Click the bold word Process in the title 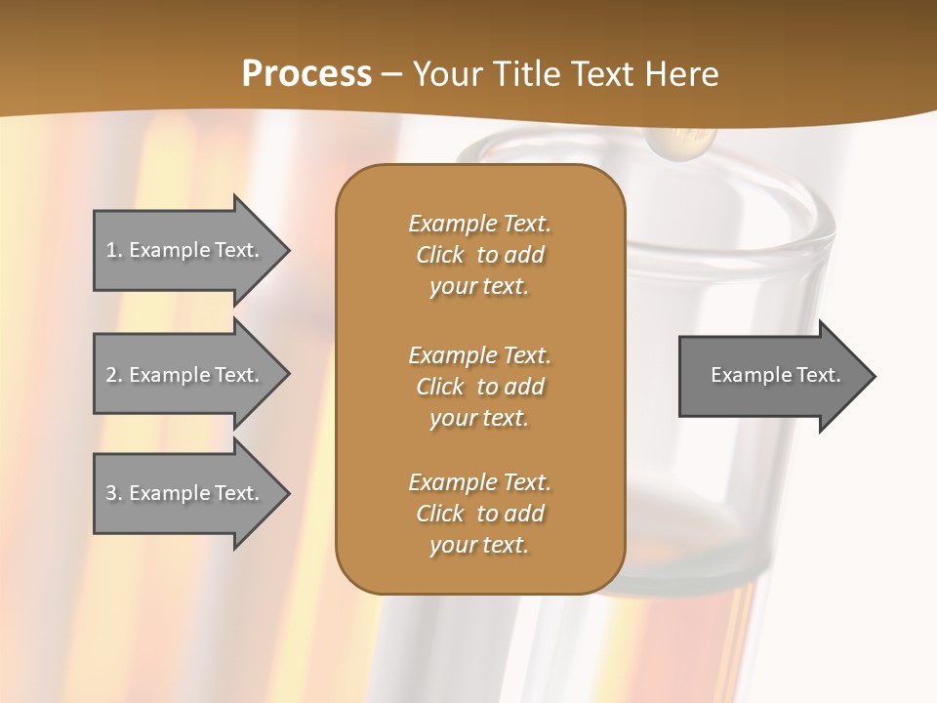(306, 74)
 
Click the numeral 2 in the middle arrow (111, 375)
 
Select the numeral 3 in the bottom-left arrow (111, 493)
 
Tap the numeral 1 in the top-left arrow (111, 250)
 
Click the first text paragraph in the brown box (479, 255)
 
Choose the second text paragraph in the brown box (479, 387)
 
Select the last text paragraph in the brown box (479, 514)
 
